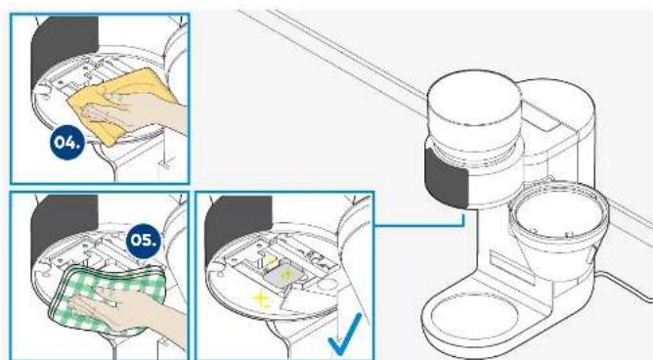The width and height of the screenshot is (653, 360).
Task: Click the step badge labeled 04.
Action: point(67,142)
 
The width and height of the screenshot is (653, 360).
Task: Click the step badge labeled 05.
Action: point(144,240)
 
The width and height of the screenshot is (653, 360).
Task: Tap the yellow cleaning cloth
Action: point(121,104)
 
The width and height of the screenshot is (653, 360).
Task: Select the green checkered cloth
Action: point(107,298)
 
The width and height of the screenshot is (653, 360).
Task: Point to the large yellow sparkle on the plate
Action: point(260,298)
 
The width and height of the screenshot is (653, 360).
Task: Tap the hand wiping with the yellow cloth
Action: point(138,111)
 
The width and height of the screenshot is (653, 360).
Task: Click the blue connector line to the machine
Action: point(419,226)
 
